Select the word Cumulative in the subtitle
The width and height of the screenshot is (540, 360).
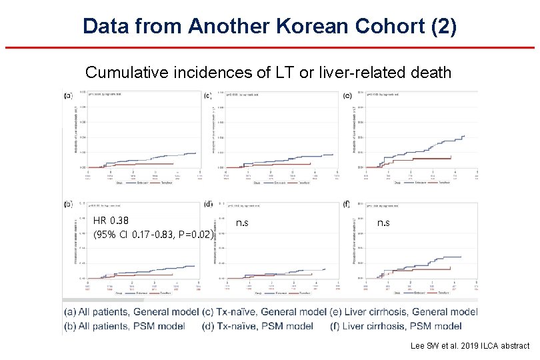tap(125, 72)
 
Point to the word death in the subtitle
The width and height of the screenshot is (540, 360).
tap(433, 72)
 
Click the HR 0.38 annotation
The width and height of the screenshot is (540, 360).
tap(111, 221)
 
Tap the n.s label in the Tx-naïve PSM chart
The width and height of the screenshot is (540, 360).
tap(242, 223)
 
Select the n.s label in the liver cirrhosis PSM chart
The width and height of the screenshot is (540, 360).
tap(384, 223)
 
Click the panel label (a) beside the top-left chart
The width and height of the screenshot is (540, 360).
tap(68, 95)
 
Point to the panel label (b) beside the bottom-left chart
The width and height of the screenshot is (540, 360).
tap(68, 204)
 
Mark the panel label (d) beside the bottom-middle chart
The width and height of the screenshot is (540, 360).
tap(209, 204)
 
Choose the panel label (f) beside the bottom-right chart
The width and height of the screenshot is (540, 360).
tap(346, 204)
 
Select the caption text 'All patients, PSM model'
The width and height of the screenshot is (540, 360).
tap(129, 326)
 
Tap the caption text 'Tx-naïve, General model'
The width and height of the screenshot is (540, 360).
tap(271, 312)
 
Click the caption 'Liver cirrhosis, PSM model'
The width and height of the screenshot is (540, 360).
tap(404, 326)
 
